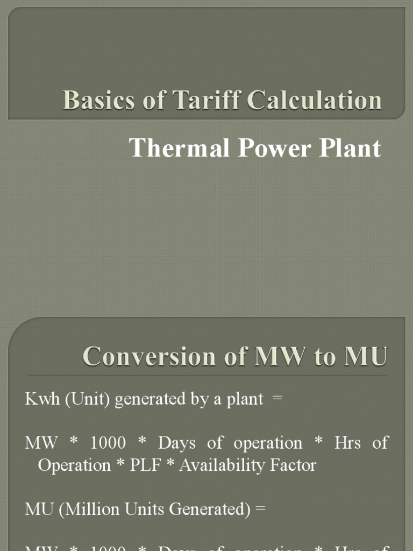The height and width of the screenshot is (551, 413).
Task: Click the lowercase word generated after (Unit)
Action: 134,399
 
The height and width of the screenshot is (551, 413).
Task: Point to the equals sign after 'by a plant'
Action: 278,399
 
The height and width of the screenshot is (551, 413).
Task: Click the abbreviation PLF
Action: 145,465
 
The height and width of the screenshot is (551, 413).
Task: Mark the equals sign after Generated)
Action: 260,510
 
